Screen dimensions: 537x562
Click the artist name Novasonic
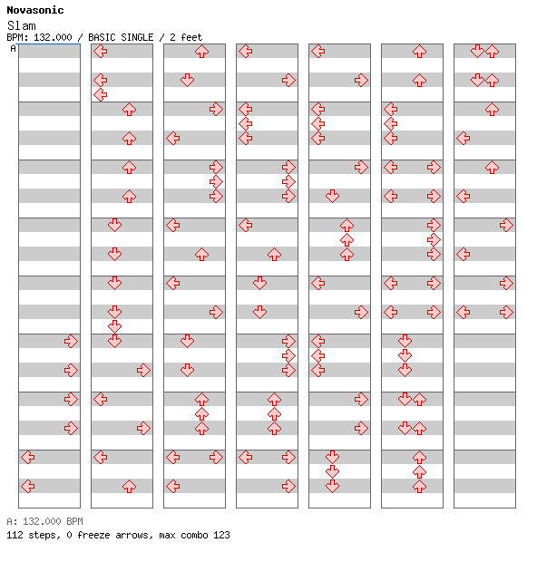pyautogui.click(x=35, y=10)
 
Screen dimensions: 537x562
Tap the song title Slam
pyautogui.click(x=22, y=25)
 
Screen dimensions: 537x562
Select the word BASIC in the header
pyautogui.click(x=103, y=37)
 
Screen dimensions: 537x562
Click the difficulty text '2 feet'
pyautogui.click(x=186, y=37)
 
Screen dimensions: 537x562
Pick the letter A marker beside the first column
pyautogui.click(x=14, y=48)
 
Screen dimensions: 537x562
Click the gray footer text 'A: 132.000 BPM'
pyautogui.click(x=44, y=521)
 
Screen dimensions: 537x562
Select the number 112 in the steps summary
pyautogui.click(x=15, y=535)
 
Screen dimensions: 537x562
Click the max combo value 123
pyautogui.click(x=221, y=535)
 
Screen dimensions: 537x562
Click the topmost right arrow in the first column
pyautogui.click(x=71, y=341)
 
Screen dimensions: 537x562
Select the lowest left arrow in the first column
pyautogui.click(x=28, y=487)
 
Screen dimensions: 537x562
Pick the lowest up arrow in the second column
pyautogui.click(x=129, y=487)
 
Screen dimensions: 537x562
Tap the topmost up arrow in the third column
pyautogui.click(x=201, y=52)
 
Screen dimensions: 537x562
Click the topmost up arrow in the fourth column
pyautogui.click(x=274, y=254)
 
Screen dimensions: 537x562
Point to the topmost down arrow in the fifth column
pyautogui.click(x=333, y=196)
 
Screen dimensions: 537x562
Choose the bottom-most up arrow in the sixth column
pyautogui.click(x=419, y=487)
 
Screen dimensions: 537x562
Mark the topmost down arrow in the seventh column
pyautogui.click(x=477, y=52)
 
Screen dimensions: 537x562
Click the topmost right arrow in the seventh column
pyautogui.click(x=506, y=225)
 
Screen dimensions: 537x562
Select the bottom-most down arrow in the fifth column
pyautogui.click(x=333, y=487)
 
